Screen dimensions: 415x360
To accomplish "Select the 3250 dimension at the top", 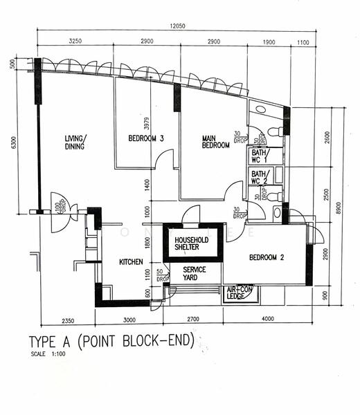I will pyautogui.click(x=75, y=42).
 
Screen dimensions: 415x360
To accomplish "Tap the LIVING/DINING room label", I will pyautogui.click(x=75, y=142).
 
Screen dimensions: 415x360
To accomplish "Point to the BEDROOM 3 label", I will pyautogui.click(x=146, y=138).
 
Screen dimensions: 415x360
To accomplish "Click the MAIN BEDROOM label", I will pyautogui.click(x=215, y=142).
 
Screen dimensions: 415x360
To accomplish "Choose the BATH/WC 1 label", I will pyautogui.click(x=259, y=156).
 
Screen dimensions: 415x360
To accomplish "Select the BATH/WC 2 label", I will pyautogui.click(x=259, y=178).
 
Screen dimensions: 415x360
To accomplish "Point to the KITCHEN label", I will pyautogui.click(x=131, y=262).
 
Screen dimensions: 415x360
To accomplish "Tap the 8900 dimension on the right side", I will pyautogui.click(x=337, y=208).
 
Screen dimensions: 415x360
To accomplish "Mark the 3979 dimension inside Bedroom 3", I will pyautogui.click(x=147, y=123).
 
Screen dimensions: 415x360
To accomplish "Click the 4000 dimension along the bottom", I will pyautogui.click(x=267, y=319).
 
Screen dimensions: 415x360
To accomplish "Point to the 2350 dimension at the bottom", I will pyautogui.click(x=66, y=319).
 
